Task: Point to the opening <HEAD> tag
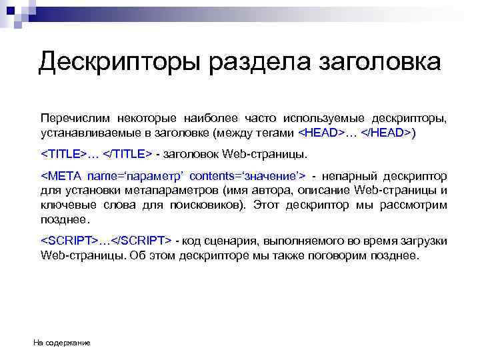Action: [x=321, y=132]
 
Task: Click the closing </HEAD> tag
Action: [x=386, y=132]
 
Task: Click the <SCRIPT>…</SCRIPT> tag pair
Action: [x=107, y=240]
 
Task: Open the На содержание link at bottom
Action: [x=62, y=343]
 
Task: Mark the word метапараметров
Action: [x=162, y=190]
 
